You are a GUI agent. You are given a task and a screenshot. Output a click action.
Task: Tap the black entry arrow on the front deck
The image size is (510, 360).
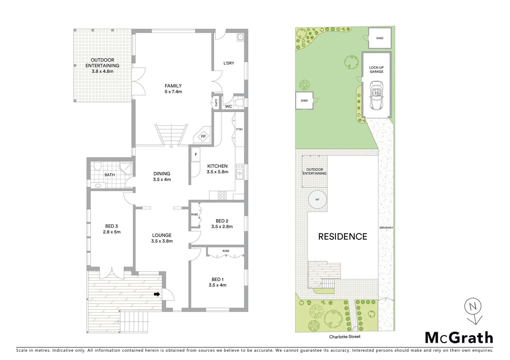156,294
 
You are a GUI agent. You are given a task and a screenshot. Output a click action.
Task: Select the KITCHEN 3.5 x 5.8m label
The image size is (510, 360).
217,169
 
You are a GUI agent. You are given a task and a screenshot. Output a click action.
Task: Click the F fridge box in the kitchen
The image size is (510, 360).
196,155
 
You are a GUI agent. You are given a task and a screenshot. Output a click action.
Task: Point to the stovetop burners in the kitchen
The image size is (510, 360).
222,196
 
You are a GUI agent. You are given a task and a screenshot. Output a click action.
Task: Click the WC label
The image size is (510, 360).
228,107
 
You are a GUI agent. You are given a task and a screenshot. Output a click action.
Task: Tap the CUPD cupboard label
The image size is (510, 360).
216,103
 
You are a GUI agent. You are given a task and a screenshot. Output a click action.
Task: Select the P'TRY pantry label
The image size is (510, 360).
239,130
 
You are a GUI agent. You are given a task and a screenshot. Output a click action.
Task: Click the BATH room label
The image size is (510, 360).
109,175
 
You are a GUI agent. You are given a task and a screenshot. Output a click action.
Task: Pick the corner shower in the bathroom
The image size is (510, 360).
127,168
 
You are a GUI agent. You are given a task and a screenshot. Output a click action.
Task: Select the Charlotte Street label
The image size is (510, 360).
345,337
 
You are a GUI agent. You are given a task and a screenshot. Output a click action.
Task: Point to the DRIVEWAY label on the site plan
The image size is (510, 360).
386,228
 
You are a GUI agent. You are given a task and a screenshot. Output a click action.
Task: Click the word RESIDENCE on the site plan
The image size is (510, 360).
343,237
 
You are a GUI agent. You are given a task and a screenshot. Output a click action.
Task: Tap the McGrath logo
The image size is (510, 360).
459,338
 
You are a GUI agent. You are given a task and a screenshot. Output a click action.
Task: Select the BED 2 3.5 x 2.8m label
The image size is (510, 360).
222,224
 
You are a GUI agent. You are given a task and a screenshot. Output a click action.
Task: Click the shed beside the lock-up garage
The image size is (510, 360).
379,38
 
